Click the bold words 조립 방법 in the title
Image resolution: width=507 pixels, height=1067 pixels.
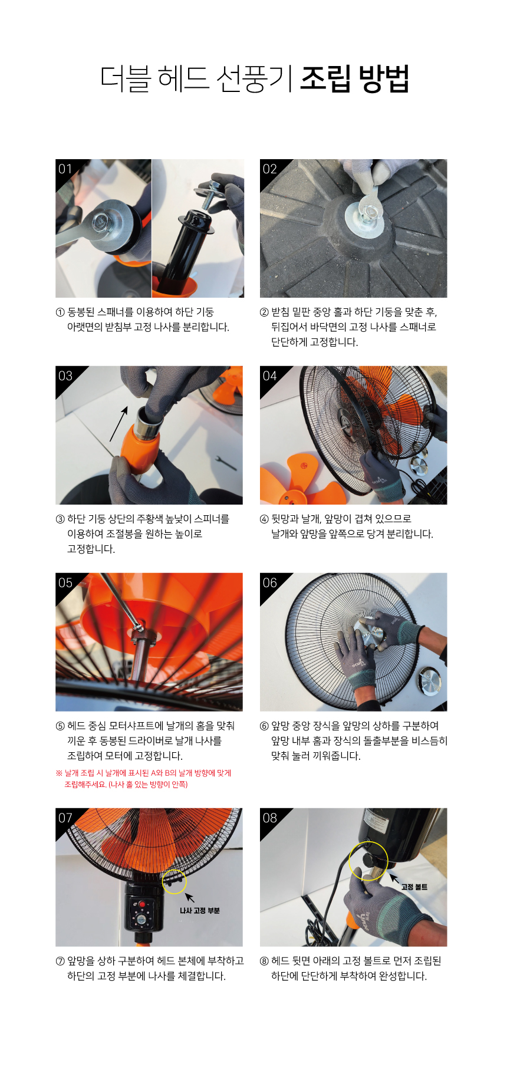pos(354,78)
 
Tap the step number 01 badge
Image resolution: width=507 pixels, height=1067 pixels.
pos(65,169)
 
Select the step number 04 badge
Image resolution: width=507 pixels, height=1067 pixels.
pos(270,376)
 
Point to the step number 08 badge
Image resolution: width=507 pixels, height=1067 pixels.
pos(270,818)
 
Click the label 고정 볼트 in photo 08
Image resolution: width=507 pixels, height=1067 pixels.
pos(414,887)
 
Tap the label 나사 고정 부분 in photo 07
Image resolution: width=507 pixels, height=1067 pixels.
pos(200,911)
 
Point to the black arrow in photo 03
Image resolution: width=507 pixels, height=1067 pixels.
pos(118,423)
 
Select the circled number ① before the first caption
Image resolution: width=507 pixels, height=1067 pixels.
pos(60,312)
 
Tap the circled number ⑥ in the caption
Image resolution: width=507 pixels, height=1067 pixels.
pos(264,726)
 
